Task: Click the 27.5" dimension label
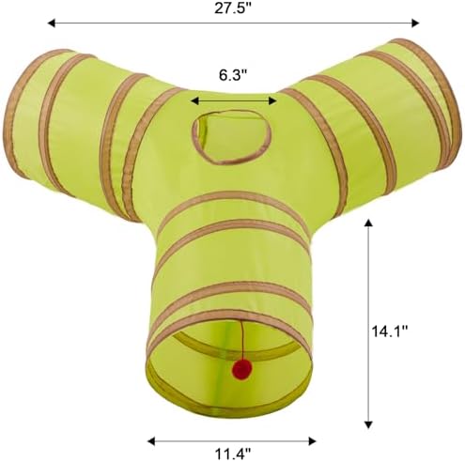click(233, 8)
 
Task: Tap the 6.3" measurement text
click(233, 75)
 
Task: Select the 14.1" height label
click(390, 331)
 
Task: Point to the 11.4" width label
click(233, 454)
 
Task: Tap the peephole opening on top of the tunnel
click(231, 136)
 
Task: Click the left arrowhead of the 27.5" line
click(51, 23)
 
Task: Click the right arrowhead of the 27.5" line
click(415, 23)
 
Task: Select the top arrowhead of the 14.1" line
click(368, 223)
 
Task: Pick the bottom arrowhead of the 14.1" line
click(368, 424)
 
